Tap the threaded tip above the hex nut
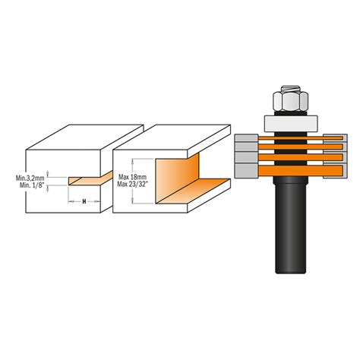pyautogui.click(x=290, y=88)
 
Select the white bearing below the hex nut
pyautogui.click(x=291, y=124)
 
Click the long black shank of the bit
pyautogui.click(x=291, y=226)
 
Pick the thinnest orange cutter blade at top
pyautogui.click(x=300, y=138)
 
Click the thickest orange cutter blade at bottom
pyautogui.click(x=302, y=170)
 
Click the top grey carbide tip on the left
pyautogui.click(x=246, y=137)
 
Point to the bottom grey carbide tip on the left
pyautogui.click(x=246, y=171)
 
